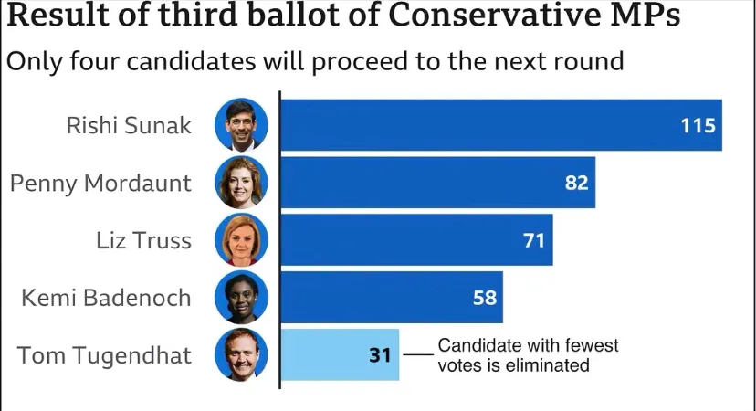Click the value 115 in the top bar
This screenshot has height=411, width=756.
(698, 125)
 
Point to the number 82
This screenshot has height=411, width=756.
(576, 183)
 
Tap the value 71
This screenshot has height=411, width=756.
(533, 240)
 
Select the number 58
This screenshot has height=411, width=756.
(484, 298)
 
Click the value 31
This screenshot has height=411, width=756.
(381, 354)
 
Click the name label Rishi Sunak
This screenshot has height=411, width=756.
(129, 125)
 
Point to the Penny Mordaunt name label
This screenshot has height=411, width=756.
(100, 183)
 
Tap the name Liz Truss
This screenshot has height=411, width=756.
(143, 240)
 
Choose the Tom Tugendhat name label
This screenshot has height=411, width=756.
(105, 354)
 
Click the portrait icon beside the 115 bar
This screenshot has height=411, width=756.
(241, 125)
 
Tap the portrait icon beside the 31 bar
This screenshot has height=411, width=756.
(241, 354)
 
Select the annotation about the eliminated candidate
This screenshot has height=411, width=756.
(528, 355)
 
